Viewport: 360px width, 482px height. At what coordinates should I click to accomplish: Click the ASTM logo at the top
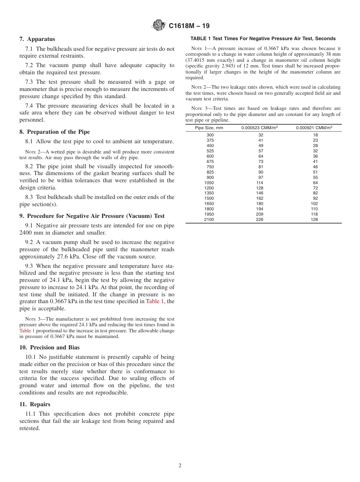coord(158,25)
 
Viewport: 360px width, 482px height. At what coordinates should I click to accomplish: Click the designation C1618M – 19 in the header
coord(189,26)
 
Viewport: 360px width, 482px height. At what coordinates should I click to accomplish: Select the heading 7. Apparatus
coord(37,39)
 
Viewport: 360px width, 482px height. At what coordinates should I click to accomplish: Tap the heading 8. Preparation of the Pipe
coord(55,132)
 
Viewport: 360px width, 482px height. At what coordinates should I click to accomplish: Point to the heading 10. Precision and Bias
coord(49,347)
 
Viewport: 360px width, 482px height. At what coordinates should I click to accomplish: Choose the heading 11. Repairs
coord(35,404)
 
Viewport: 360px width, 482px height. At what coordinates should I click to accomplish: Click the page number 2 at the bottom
coord(180,465)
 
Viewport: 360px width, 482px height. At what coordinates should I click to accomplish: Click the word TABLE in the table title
coord(199,39)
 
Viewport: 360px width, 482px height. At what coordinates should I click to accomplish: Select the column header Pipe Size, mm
coord(209,128)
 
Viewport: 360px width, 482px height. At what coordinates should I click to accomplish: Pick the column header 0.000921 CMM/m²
coord(314,128)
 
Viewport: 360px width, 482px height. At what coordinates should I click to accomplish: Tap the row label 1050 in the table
coord(209,183)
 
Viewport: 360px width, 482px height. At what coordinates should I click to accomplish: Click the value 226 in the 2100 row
coord(260,219)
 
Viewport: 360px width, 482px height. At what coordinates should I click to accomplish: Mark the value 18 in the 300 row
coord(315,135)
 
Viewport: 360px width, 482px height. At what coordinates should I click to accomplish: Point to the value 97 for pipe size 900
coord(260,177)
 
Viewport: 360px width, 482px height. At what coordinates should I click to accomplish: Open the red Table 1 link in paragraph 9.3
coord(155,301)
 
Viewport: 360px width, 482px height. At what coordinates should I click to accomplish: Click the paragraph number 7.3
coord(30,82)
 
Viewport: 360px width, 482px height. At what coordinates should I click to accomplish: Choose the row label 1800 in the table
coord(209,209)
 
